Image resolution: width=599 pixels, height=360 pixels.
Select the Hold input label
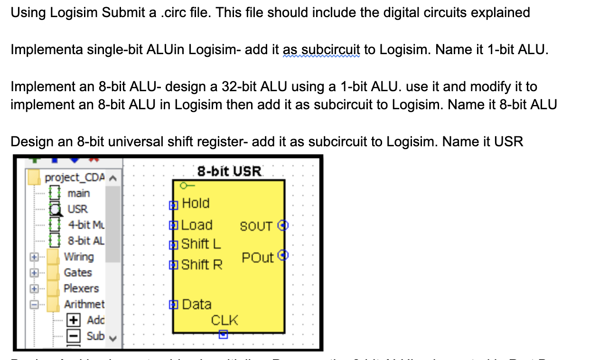196,203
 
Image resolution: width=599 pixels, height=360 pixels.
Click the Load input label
197,225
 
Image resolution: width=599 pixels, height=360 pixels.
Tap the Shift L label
201,244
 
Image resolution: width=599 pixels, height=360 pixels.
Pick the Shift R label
202,265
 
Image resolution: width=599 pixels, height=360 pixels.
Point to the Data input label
197,304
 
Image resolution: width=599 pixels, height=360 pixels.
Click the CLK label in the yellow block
225,320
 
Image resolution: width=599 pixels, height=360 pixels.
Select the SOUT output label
256,226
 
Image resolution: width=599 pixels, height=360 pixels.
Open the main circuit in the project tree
78,193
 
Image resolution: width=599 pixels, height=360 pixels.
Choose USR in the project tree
77,209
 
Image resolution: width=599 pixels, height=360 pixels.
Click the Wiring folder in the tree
79,257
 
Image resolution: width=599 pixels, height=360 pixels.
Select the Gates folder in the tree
78,273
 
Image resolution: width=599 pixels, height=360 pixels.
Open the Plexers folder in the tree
81,288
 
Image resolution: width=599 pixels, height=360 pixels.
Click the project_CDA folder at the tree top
74,178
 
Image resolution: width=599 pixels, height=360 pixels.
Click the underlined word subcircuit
331,50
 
